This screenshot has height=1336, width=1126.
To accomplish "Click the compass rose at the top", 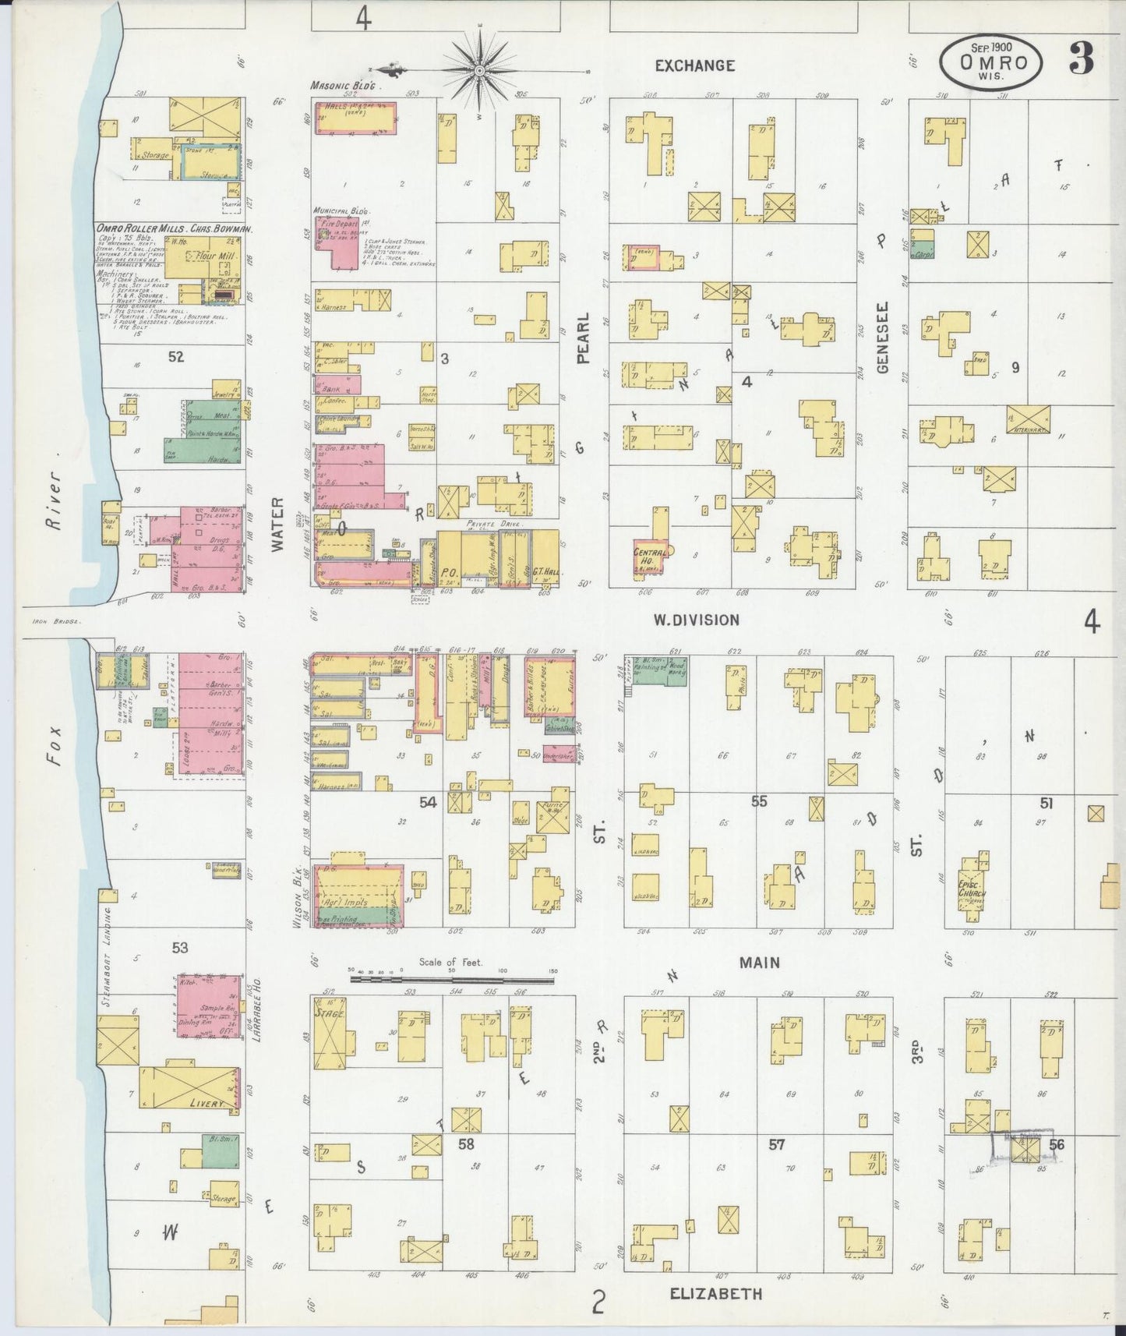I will (x=478, y=69).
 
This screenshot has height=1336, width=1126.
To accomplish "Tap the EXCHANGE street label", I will (x=694, y=65).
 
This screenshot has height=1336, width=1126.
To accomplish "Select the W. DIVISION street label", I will (x=696, y=620).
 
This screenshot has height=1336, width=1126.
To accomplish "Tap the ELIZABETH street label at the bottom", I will (x=716, y=1293).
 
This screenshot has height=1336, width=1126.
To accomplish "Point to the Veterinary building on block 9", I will (x=1028, y=419).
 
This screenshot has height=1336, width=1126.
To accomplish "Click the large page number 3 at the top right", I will (x=1081, y=58).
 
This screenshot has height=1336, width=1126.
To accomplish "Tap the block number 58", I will (x=466, y=1143).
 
